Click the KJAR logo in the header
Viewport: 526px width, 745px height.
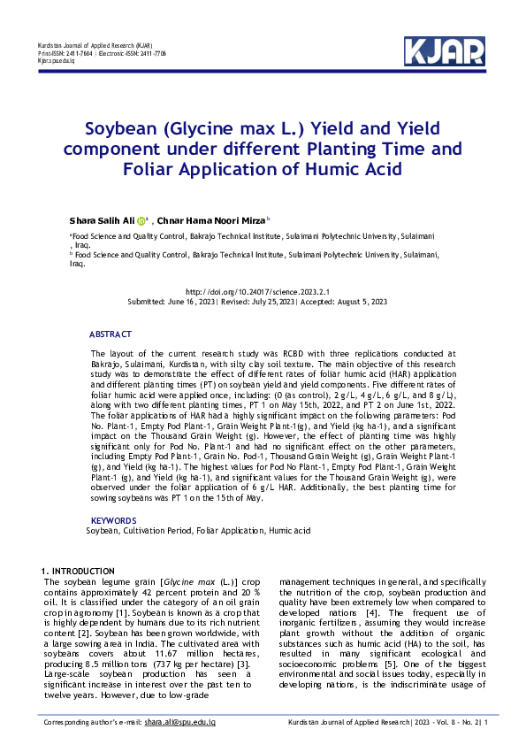(x=443, y=51)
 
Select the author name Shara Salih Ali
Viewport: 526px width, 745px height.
(x=102, y=220)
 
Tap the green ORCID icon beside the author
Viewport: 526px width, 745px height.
(x=141, y=220)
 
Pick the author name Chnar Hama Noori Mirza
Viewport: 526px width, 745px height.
(x=213, y=220)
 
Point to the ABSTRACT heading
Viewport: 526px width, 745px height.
(x=111, y=334)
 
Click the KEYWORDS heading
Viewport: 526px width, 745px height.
(x=113, y=520)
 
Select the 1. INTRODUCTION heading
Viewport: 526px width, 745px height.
(x=79, y=571)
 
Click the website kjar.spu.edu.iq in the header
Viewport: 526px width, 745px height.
(x=56, y=60)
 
